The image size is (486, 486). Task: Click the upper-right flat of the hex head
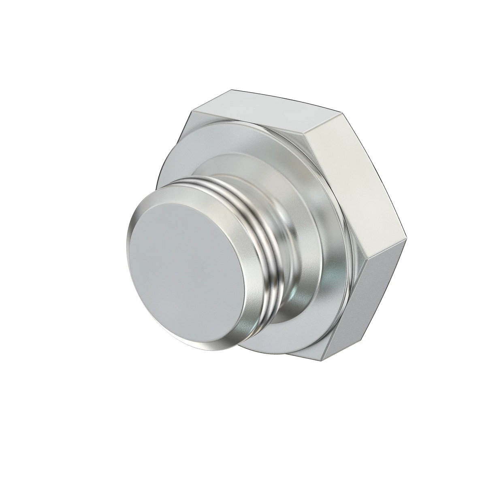tap(352, 174)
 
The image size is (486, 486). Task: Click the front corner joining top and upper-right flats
tap(305, 140)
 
